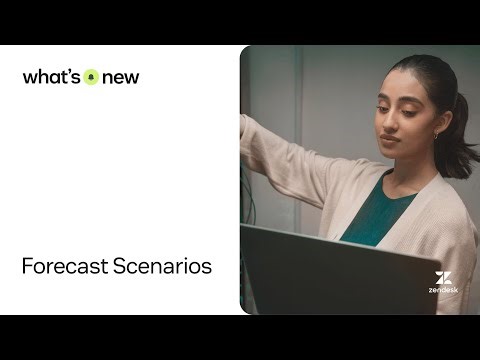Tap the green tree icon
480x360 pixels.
tap(92, 77)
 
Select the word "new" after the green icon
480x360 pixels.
tap(120, 78)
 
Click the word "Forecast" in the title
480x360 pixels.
tap(65, 267)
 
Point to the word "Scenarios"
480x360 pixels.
tap(162, 267)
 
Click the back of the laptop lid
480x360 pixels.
tap(330, 270)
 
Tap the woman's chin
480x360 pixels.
tap(390, 154)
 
